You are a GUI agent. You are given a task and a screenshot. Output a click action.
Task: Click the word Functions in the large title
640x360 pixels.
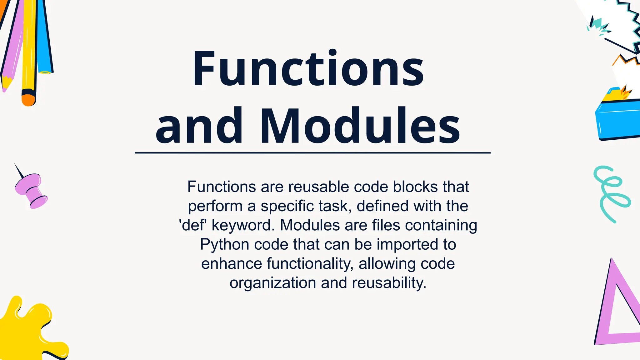point(308,69)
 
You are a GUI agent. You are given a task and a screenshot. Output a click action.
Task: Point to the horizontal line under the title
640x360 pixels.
point(312,153)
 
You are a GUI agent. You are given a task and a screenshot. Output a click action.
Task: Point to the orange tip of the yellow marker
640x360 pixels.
point(28,99)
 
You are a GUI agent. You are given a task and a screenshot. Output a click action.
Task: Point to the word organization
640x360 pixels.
point(273,283)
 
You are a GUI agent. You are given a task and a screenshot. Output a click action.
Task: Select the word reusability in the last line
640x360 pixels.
point(389,283)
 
